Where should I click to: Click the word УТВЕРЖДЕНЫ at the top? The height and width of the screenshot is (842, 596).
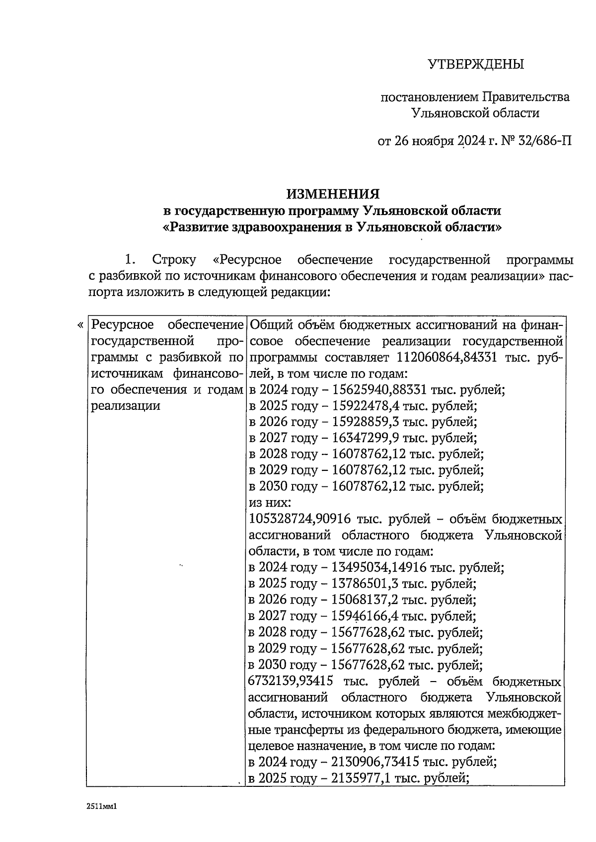[475, 64]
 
